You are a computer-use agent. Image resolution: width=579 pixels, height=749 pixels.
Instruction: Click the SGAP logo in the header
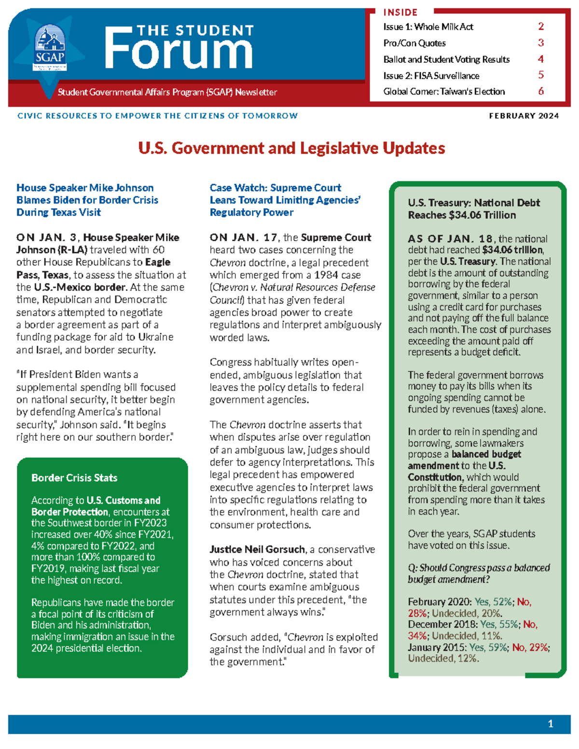50,49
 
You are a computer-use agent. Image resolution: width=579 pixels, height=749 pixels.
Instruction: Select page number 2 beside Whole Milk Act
541,27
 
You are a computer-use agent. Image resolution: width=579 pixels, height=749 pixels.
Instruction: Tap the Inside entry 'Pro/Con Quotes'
414,43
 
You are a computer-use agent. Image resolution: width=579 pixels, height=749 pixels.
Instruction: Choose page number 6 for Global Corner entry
541,91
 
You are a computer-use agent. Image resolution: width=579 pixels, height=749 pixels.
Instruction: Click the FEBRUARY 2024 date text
524,116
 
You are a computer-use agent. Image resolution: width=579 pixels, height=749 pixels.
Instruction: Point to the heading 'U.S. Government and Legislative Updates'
291,148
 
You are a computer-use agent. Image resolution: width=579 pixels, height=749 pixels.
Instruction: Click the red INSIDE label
400,13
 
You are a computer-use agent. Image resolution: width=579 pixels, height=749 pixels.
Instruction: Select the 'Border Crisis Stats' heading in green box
74,478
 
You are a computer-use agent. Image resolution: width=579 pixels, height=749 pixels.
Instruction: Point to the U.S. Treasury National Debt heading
473,209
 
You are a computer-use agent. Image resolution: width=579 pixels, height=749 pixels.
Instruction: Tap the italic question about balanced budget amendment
478,573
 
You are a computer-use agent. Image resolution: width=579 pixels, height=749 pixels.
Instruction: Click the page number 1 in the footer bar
551,724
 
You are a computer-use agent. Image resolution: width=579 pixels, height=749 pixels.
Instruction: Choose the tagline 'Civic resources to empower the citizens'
157,116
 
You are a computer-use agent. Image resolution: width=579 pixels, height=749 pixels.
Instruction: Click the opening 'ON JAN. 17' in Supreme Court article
243,237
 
